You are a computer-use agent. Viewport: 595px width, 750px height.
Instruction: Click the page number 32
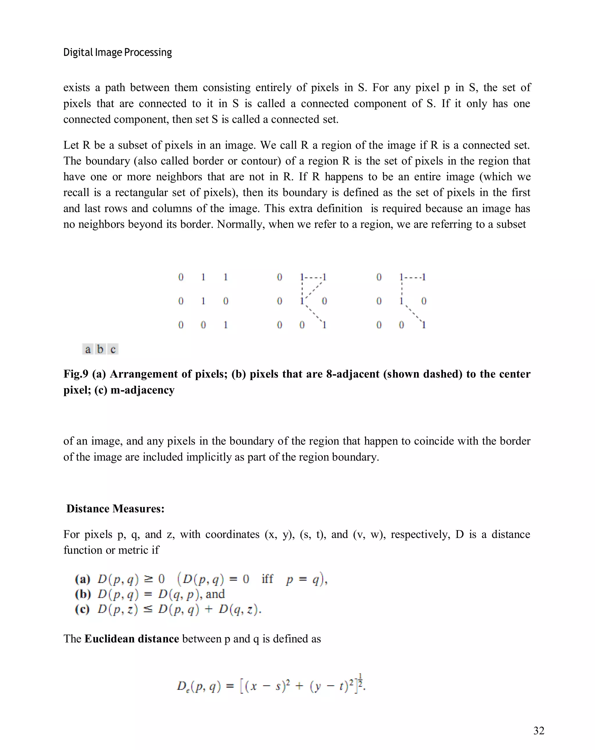538,731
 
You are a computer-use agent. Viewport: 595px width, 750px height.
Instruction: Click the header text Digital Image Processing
117,53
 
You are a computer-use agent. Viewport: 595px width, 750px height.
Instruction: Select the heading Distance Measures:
115,509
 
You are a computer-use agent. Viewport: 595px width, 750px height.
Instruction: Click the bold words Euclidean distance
132,639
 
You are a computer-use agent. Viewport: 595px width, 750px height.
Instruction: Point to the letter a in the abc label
88,349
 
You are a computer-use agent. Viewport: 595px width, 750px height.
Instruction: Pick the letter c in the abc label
113,349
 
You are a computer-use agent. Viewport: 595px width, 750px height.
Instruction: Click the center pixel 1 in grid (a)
203,301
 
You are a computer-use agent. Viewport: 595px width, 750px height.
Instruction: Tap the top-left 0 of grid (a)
181,277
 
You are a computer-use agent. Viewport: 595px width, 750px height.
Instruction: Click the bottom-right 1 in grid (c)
424,325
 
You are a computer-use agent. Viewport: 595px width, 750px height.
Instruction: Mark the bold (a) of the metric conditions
83,579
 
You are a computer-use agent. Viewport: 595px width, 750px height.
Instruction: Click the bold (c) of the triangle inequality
83,609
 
